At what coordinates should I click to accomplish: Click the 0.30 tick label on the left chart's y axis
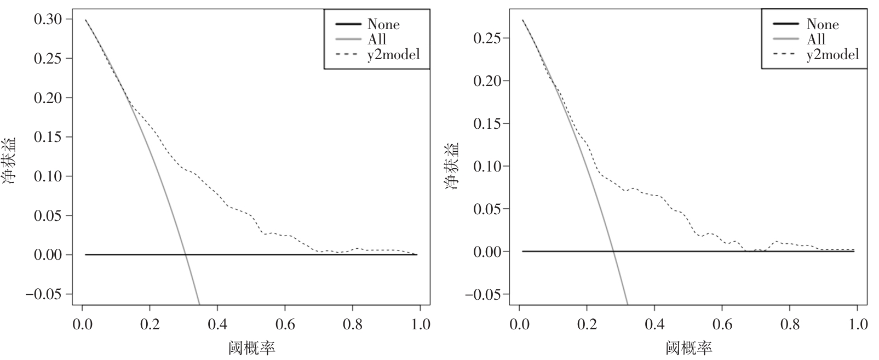click(49, 19)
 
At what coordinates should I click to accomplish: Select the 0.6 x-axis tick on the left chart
click(285, 325)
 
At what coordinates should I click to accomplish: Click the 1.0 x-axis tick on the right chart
click(857, 325)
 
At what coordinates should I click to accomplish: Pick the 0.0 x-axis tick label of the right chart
click(519, 325)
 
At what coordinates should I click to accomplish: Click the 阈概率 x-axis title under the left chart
click(251, 348)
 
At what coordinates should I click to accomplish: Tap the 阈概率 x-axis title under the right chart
click(689, 348)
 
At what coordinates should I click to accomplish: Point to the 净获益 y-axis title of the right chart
click(452, 166)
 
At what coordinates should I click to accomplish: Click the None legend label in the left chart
click(383, 25)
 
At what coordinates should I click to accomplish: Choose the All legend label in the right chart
click(815, 39)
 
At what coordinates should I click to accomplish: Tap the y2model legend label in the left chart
click(393, 54)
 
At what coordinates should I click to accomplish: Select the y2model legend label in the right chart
click(832, 54)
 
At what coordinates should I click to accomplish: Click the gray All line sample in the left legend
click(348, 39)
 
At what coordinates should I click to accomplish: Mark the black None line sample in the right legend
click(786, 24)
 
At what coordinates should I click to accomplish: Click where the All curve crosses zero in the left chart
click(185, 255)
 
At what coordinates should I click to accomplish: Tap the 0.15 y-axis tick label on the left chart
click(49, 137)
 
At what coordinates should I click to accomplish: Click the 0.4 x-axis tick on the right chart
click(654, 325)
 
